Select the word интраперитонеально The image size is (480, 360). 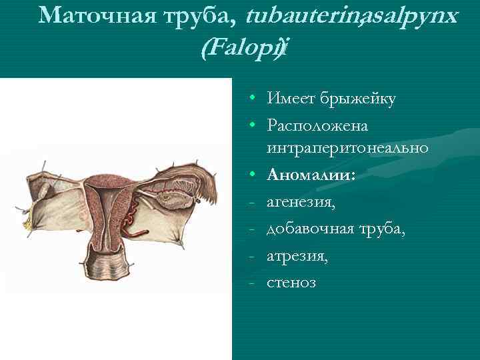[x=347, y=147]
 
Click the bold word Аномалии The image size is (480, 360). [x=311, y=175]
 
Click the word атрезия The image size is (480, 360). [x=297, y=256]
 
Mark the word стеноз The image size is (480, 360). [x=291, y=283]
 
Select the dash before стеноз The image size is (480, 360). [x=254, y=283]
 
